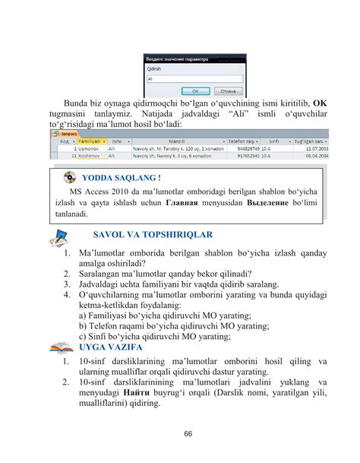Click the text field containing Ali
[194, 78]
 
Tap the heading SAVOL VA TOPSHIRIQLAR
[152, 234]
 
